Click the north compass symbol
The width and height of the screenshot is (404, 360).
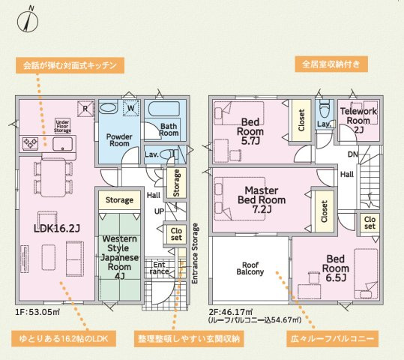pos(29,17)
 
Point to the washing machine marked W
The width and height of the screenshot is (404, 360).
pos(130,108)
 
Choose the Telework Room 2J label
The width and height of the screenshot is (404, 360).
pos(358,119)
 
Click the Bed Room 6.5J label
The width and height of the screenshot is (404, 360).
pos(336,268)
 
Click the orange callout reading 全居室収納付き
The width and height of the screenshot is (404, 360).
pos(331,64)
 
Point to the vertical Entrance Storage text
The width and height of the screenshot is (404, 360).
pos(195,252)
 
